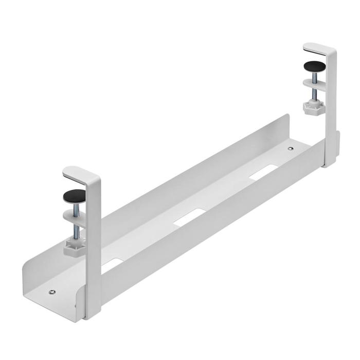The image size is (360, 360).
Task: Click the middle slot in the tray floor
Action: pyautogui.click(x=189, y=217)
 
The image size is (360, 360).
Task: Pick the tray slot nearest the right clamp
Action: pyautogui.click(x=261, y=174)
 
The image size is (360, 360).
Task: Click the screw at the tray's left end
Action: pyautogui.click(x=51, y=293)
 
